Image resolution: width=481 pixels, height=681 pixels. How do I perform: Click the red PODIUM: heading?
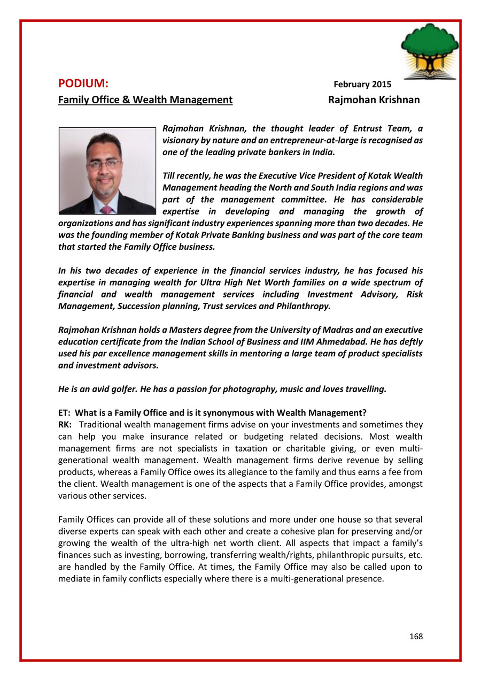click(83, 84)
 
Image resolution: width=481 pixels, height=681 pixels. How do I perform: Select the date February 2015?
click(362, 85)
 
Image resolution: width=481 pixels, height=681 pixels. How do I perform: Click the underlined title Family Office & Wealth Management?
click(145, 100)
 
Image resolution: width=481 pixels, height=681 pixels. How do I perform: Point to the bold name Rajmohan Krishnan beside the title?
click(374, 100)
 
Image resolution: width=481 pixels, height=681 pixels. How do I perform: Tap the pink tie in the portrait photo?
click(106, 209)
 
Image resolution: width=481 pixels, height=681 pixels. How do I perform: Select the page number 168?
click(416, 637)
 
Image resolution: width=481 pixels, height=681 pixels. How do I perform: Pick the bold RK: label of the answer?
click(65, 424)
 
